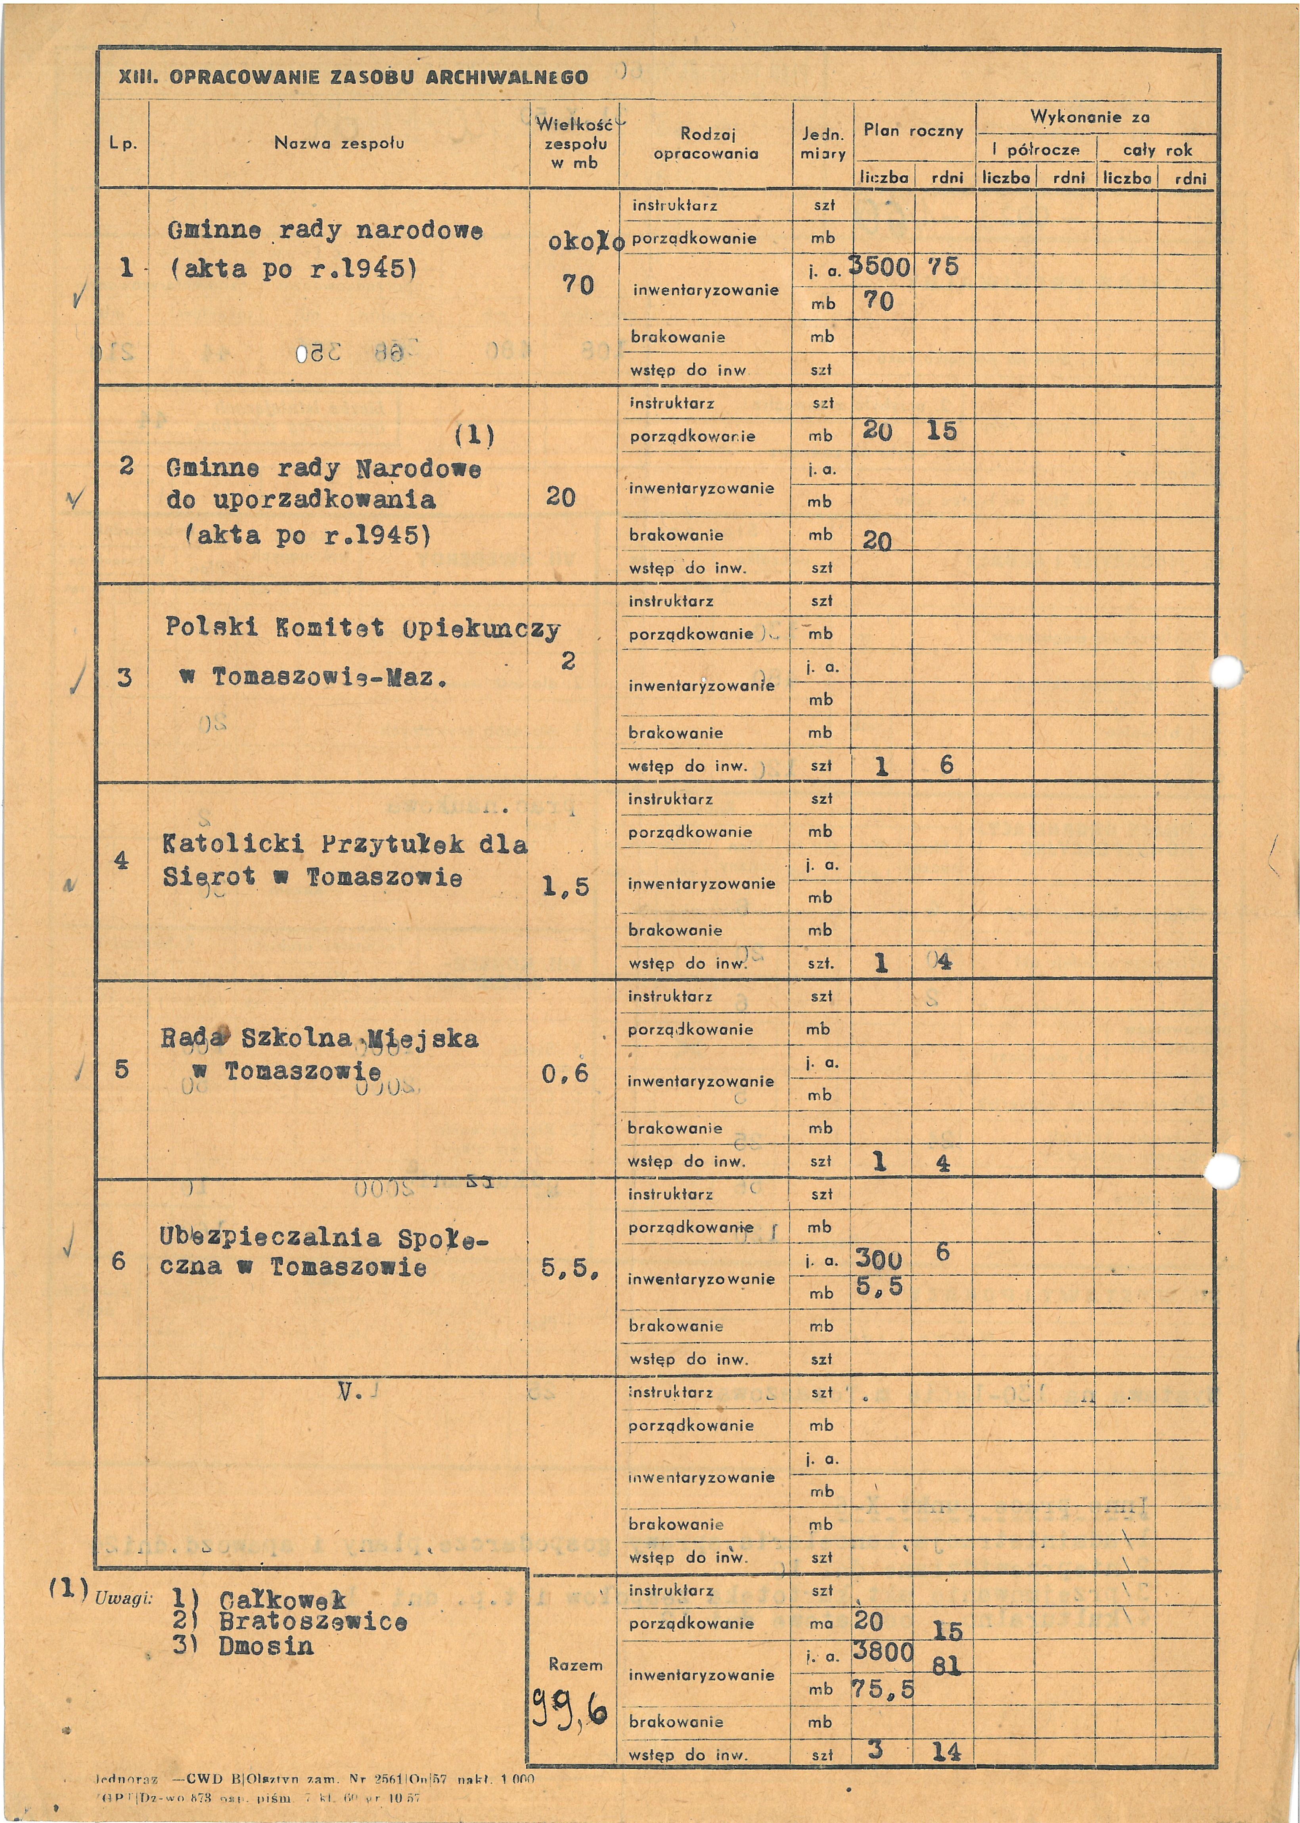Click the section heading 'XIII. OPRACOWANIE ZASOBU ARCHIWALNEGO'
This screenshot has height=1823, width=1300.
(x=353, y=78)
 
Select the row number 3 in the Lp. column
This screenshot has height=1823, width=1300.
(x=124, y=678)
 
